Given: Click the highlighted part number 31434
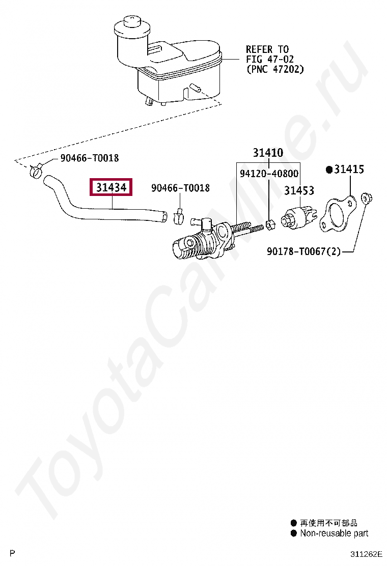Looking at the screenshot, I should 111,188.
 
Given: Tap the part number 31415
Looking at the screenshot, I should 349,169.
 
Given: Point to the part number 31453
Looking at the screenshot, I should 299,190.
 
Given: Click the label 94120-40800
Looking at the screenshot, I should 269,174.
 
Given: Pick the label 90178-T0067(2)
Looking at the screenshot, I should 303,251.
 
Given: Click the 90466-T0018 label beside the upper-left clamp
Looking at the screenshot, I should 89,158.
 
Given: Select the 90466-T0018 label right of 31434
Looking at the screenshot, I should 180,188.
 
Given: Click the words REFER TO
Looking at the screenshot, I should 267,49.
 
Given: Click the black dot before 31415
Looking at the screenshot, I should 329,169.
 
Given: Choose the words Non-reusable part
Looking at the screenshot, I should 334,533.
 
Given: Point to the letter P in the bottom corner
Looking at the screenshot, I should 13,553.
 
